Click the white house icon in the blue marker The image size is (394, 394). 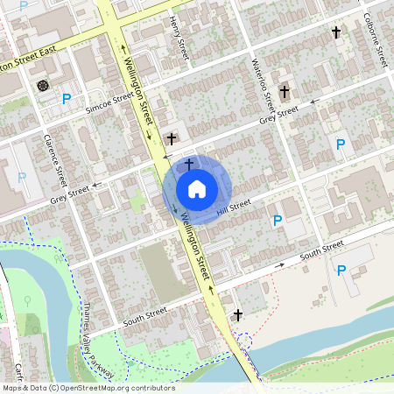(x=197, y=189)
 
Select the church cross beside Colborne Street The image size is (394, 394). (x=335, y=32)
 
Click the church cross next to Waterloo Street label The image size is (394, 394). (x=284, y=91)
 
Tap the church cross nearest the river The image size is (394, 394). (x=237, y=314)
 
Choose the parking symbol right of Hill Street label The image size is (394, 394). (x=278, y=221)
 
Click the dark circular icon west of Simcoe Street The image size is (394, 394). (x=43, y=85)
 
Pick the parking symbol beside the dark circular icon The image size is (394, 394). (x=67, y=99)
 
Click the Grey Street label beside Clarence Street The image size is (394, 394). (x=70, y=193)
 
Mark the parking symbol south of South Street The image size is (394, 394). (x=341, y=271)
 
